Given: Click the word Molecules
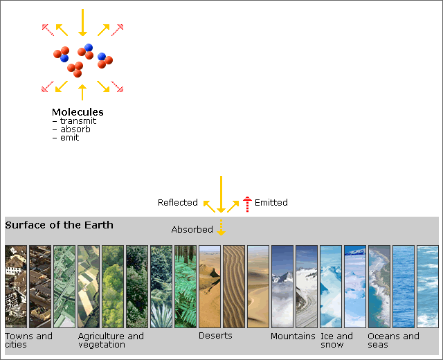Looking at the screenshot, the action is (x=78, y=112).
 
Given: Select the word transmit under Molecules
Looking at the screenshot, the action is (x=78, y=121).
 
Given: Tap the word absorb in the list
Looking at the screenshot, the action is (x=75, y=129).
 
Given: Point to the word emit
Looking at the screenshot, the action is (x=69, y=138).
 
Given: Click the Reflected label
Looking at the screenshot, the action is (x=178, y=203).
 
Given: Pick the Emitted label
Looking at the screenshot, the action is (x=271, y=203).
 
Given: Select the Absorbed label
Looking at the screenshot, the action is (x=192, y=229).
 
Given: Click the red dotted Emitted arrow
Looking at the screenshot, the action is (x=247, y=204).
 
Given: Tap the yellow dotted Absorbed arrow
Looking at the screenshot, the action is (x=221, y=227).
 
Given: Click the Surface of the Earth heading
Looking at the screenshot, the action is (x=59, y=225).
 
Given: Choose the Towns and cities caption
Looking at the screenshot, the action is (x=28, y=340).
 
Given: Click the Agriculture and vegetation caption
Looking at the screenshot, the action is (x=111, y=340).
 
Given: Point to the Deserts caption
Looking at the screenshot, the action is (x=215, y=336).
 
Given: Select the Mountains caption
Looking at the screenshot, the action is (x=293, y=336).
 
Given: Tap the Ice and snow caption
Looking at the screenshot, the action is (x=336, y=340).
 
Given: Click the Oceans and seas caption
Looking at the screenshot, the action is (x=393, y=340).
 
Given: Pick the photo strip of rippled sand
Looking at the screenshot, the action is (x=234, y=287).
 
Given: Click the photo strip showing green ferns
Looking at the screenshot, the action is (x=186, y=287).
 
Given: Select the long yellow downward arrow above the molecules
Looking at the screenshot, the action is (x=82, y=23).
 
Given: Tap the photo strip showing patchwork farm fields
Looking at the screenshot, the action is (x=89, y=287).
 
